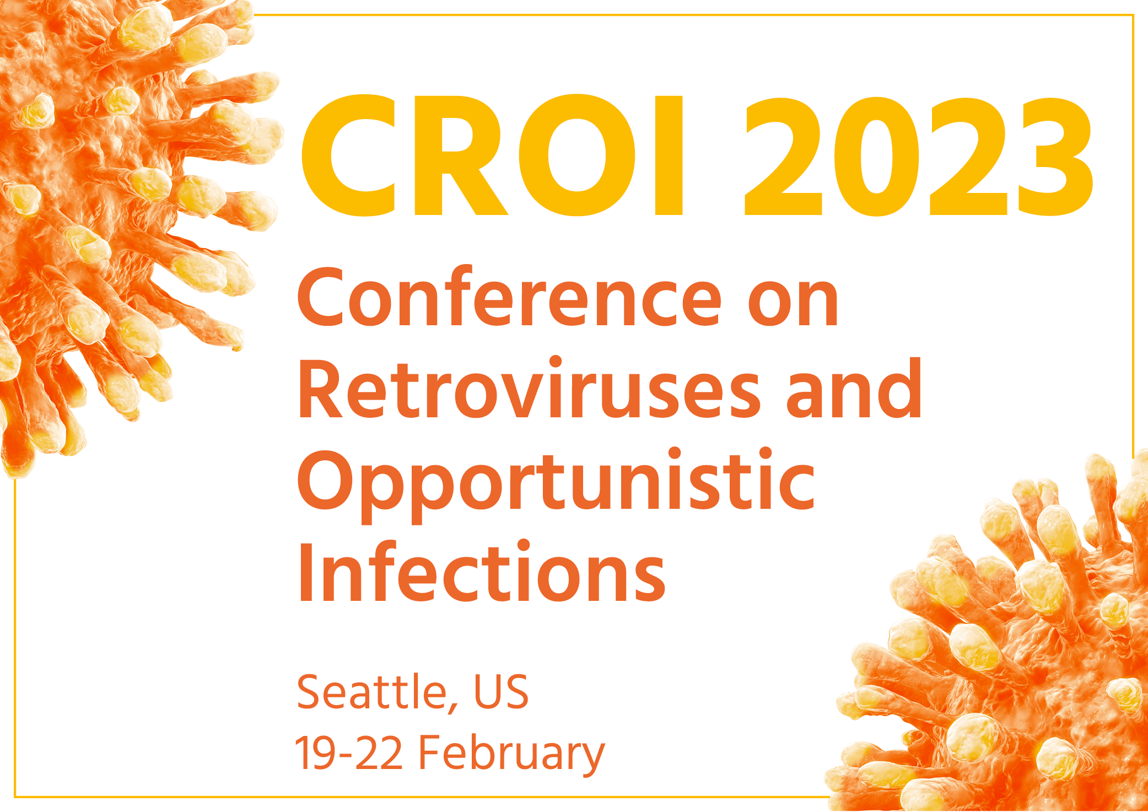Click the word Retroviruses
tap(529, 389)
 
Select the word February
tap(511, 755)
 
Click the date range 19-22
tap(349, 752)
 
